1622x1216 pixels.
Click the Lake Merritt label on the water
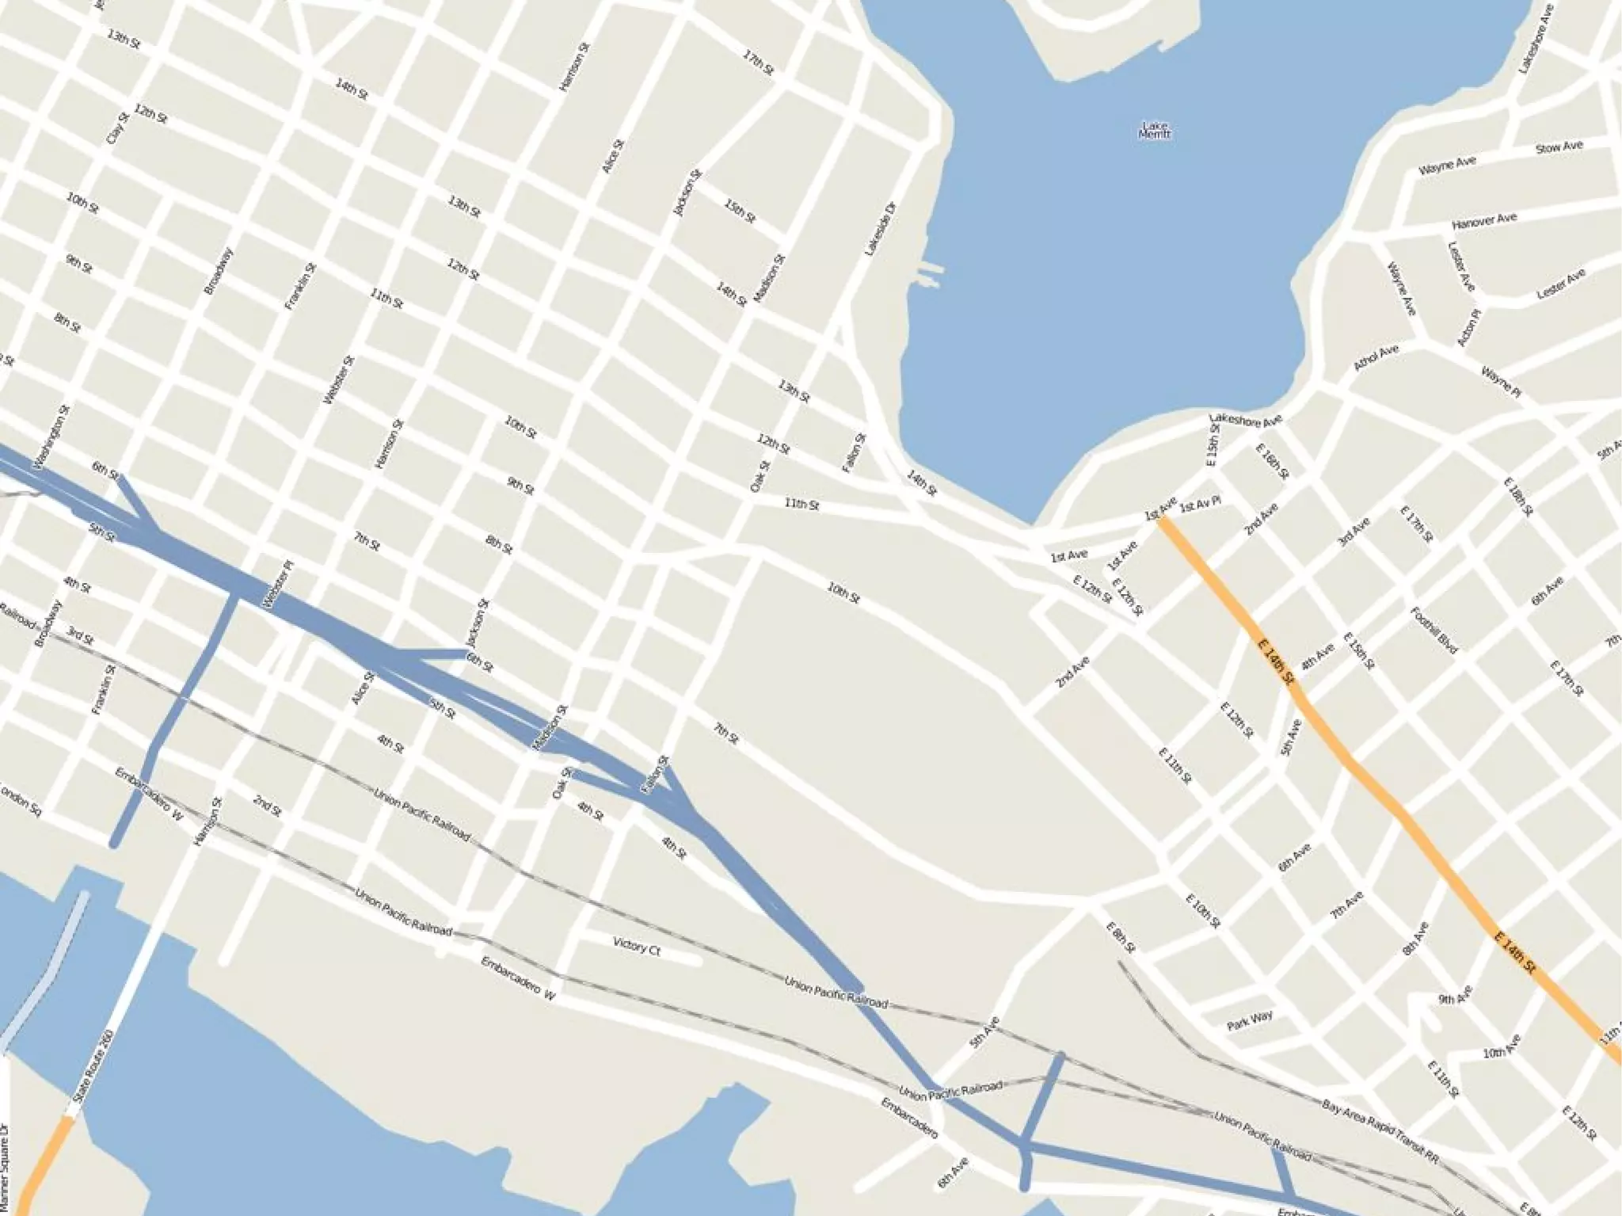tap(1155, 131)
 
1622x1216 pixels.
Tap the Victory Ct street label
tap(636, 946)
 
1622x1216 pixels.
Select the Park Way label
tap(1250, 1020)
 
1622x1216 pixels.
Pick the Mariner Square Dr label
tap(6, 1168)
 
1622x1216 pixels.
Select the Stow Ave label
tap(1559, 147)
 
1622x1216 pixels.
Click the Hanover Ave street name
tap(1484, 221)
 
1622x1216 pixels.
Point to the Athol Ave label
tap(1376, 358)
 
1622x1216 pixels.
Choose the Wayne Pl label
tap(1502, 383)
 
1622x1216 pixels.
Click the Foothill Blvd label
tap(1434, 631)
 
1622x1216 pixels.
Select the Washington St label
tap(52, 436)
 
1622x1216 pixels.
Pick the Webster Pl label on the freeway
tap(278, 585)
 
